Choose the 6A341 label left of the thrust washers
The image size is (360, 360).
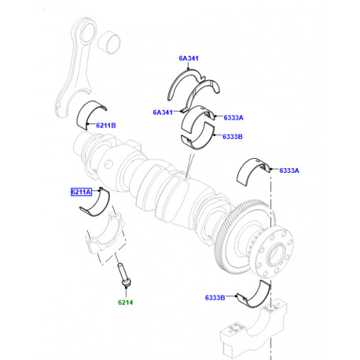[163, 112]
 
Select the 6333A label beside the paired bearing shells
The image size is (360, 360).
[233, 117]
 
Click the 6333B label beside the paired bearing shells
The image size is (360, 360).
[233, 137]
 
